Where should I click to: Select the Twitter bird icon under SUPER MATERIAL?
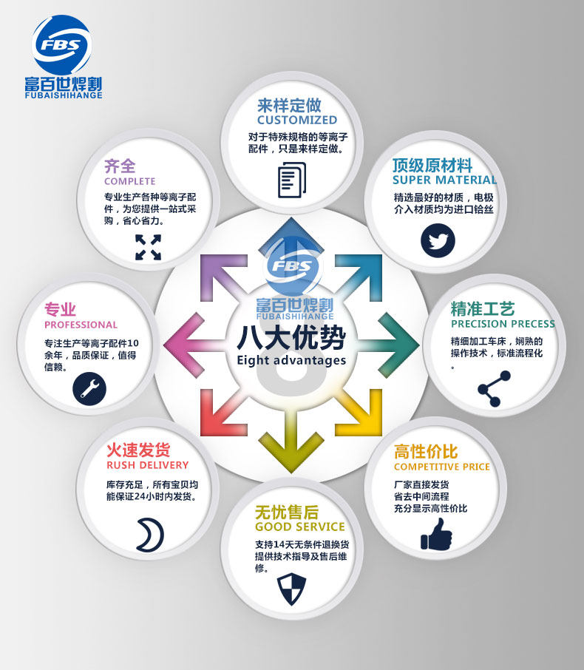coord(438,240)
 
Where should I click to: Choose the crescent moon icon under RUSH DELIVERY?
coord(149,534)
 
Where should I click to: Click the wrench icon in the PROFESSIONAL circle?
coord(89,387)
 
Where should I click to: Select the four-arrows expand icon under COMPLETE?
coord(148,247)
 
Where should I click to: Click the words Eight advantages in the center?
coord(291,361)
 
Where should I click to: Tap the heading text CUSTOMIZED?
coord(296,120)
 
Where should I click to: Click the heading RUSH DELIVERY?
coord(148,465)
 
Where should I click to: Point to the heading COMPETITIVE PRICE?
coord(441,467)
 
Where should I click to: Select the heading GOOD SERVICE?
coord(299,527)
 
